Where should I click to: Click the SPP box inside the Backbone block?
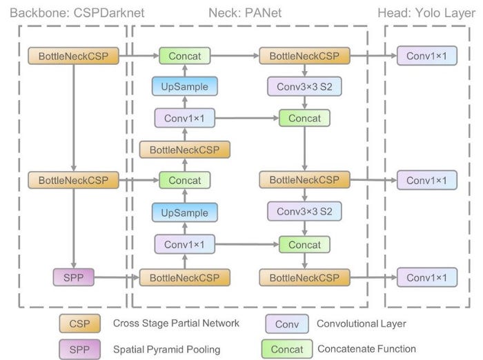click(74, 277)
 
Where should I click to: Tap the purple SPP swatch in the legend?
click(80, 349)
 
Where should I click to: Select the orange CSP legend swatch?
click(80, 323)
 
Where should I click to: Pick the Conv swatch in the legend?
click(287, 323)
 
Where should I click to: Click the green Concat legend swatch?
click(287, 349)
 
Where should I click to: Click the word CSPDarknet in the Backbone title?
click(109, 13)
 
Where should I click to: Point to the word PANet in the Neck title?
click(263, 13)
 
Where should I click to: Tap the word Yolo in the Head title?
click(429, 13)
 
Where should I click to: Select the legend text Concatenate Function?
click(366, 349)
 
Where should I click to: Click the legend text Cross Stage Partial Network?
click(176, 323)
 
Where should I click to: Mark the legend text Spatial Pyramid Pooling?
click(167, 350)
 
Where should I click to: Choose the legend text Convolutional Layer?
click(362, 323)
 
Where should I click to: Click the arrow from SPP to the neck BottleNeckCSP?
click(117, 277)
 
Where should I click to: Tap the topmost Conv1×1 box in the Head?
click(426, 56)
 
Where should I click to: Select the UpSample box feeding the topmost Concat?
click(185, 86)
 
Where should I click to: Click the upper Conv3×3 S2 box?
click(304, 86)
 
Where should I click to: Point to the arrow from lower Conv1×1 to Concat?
click(247, 245)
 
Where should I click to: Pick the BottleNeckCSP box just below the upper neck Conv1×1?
click(185, 150)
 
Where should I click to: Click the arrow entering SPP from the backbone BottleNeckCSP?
click(74, 228)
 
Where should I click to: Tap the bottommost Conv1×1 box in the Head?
click(426, 277)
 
